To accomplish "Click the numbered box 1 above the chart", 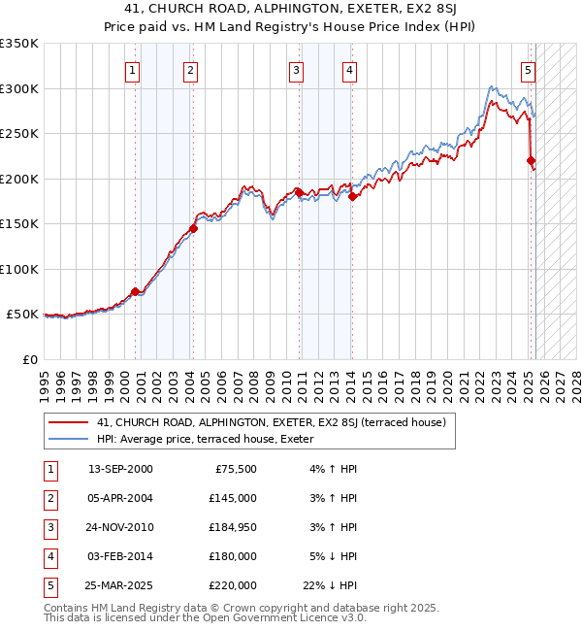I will click(x=131, y=69).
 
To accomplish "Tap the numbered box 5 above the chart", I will click(x=528, y=69).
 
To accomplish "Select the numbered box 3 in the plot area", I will click(x=295, y=69).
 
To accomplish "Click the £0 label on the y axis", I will click(x=30, y=359).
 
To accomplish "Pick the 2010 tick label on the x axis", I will click(x=286, y=382).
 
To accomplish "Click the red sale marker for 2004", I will click(x=193, y=228).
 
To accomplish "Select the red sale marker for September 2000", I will click(x=135, y=291).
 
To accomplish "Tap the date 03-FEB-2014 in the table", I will click(x=120, y=556).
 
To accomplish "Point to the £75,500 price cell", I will click(x=235, y=469).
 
